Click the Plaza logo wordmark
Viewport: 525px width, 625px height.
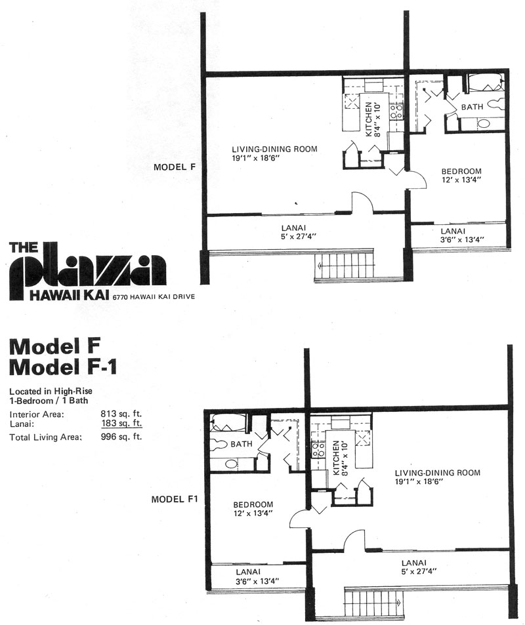[88, 270]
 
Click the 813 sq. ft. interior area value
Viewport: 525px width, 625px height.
[121, 413]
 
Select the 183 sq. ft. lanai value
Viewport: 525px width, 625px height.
[121, 423]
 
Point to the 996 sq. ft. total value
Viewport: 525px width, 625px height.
[121, 437]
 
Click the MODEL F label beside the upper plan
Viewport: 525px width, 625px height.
[175, 167]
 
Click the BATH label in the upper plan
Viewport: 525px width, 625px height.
[472, 107]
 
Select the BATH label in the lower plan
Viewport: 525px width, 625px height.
[241, 443]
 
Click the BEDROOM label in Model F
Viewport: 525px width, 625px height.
[461, 171]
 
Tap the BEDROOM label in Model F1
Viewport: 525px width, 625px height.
[253, 504]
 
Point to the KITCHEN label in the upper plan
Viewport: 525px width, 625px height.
[369, 119]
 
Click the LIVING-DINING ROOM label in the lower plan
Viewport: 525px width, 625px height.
[438, 473]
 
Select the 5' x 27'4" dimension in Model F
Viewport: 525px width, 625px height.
[293, 236]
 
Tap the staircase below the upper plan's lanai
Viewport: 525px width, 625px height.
[345, 265]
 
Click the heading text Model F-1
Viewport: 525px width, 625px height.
[63, 367]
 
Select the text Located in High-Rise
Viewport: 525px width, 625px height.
[51, 392]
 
